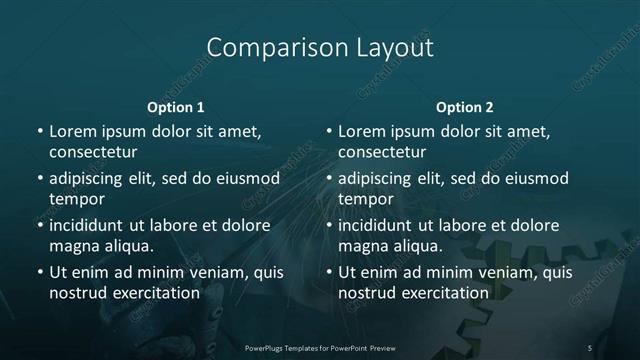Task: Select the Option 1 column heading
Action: coord(176,107)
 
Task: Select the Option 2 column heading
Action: coord(465,107)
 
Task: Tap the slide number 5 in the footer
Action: coord(590,348)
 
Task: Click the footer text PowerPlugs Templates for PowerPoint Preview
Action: coord(319,348)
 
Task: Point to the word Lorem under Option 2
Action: coord(361,131)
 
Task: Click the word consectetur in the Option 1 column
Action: coord(93,152)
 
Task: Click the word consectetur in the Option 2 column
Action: coord(382,152)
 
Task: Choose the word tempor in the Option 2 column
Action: coord(366,199)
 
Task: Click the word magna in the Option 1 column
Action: coord(73,246)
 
